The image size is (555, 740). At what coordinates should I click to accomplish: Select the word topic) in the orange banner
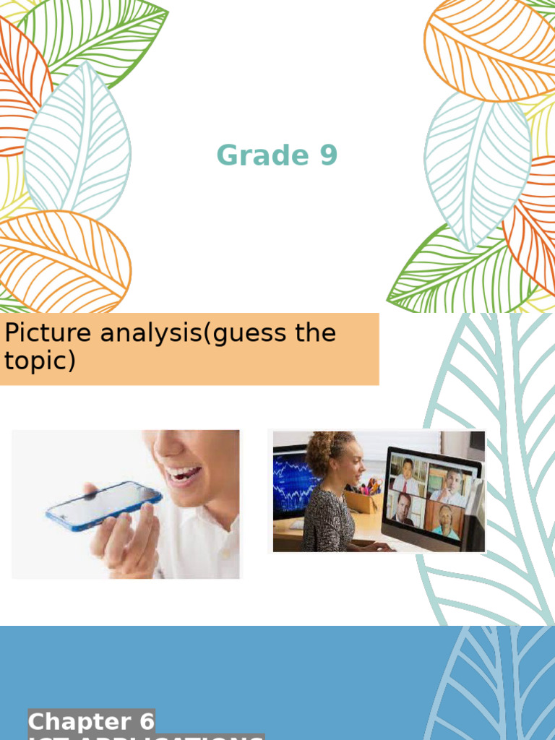point(40,361)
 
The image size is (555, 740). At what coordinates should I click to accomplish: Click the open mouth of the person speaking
point(183,475)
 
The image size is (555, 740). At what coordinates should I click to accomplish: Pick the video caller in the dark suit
point(403,509)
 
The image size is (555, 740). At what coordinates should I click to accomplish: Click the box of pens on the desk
point(363,499)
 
